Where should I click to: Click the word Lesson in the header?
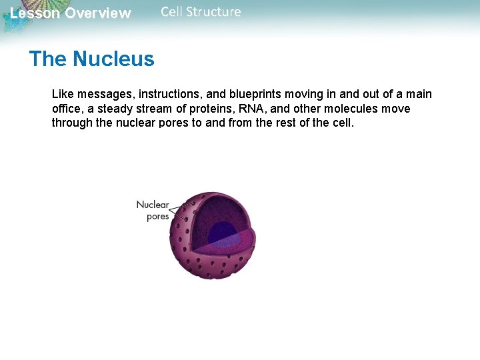click(34, 13)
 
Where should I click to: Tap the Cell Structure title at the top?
click(201, 12)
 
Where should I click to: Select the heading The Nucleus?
click(91, 59)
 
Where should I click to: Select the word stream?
click(155, 109)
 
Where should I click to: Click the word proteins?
click(213, 109)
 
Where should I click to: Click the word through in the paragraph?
click(73, 123)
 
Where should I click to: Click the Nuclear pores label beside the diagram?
click(153, 211)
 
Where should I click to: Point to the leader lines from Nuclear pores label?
click(179, 212)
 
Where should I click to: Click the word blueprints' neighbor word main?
click(418, 94)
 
